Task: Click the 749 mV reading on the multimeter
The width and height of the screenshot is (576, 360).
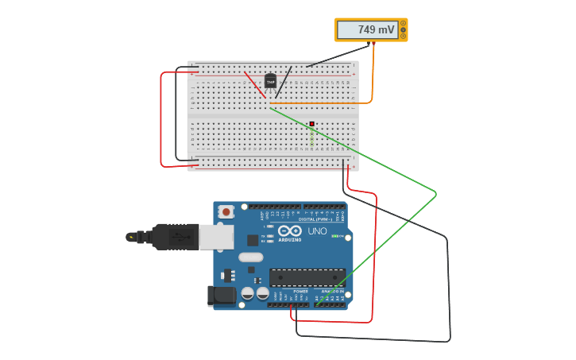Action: pos(375,30)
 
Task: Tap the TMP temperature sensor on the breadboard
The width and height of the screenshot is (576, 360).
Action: pos(270,81)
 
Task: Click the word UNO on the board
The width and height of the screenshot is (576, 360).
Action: pos(317,231)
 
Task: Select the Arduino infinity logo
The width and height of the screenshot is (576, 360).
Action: pos(289,230)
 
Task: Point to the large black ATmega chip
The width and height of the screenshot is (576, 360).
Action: pos(307,277)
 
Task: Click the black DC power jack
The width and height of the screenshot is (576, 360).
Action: pos(222,296)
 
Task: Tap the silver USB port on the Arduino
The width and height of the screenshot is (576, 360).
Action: pos(216,236)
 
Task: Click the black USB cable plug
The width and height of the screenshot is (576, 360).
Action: pos(175,236)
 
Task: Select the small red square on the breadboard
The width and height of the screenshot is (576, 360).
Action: pos(312,124)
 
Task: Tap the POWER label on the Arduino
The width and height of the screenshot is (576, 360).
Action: pos(300,291)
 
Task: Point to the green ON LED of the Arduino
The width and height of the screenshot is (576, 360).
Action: pos(337,236)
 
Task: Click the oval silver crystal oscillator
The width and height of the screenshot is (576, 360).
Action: pos(250,257)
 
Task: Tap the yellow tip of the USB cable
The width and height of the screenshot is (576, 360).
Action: pos(130,236)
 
